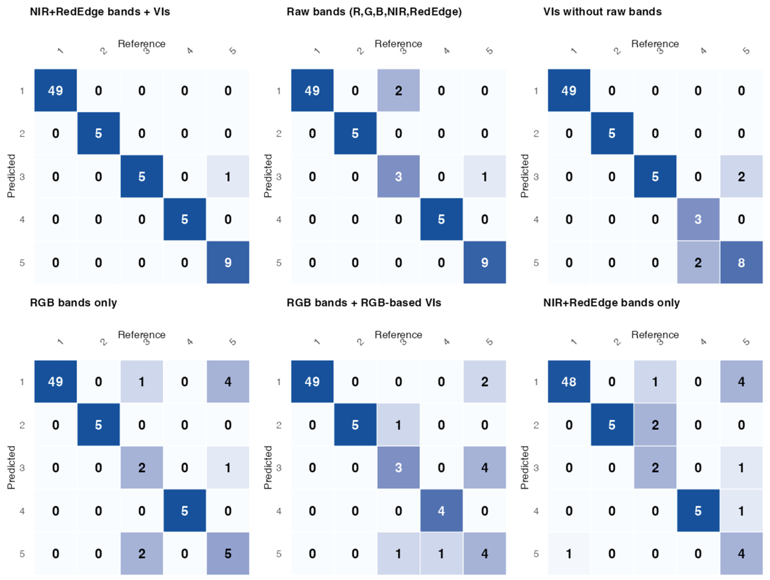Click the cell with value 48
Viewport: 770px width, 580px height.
click(x=569, y=381)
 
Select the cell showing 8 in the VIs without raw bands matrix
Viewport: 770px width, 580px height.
click(x=741, y=262)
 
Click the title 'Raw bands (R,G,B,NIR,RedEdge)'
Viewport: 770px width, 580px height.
click(x=374, y=12)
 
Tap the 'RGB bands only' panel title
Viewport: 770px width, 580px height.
click(x=73, y=303)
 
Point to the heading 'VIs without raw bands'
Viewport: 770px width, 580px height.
click(x=602, y=12)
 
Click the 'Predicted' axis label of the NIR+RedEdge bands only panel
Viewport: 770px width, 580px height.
click(x=524, y=467)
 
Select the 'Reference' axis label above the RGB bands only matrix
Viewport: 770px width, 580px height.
click(x=141, y=335)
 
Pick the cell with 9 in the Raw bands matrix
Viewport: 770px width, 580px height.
click(x=484, y=262)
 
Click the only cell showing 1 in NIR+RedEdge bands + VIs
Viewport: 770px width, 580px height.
click(x=228, y=176)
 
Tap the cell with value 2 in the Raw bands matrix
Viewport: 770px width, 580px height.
click(x=398, y=90)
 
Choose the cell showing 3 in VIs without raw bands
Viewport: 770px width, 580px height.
click(x=698, y=220)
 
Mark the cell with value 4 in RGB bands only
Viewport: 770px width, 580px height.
click(x=228, y=381)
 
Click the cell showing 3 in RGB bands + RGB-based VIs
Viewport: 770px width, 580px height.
click(x=398, y=467)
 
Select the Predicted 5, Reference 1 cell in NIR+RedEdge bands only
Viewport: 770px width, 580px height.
click(x=569, y=554)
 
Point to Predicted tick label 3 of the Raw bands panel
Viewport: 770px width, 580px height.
click(x=279, y=176)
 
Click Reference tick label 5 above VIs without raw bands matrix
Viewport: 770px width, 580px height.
click(x=746, y=51)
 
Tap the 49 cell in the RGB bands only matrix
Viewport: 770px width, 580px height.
click(x=56, y=381)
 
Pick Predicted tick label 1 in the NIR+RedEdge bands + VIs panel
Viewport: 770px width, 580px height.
click(x=22, y=91)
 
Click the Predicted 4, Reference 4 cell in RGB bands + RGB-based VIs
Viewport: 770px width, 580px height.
click(x=441, y=511)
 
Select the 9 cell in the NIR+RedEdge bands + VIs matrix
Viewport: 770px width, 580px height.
click(x=228, y=262)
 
